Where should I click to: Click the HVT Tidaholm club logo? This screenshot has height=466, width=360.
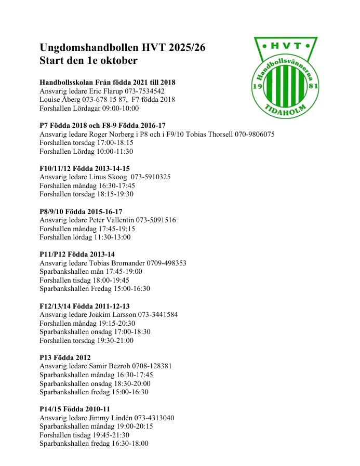tap(285, 77)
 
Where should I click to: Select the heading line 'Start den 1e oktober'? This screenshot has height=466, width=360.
tap(89, 61)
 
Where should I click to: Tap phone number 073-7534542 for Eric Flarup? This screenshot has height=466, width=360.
tap(145, 91)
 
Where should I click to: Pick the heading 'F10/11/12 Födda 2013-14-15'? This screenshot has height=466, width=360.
tap(85, 168)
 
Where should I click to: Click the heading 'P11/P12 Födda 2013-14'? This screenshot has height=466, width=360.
tap(77, 254)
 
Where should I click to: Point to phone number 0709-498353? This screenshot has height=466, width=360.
tap(167, 263)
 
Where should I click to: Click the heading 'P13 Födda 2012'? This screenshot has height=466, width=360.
tap(65, 357)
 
